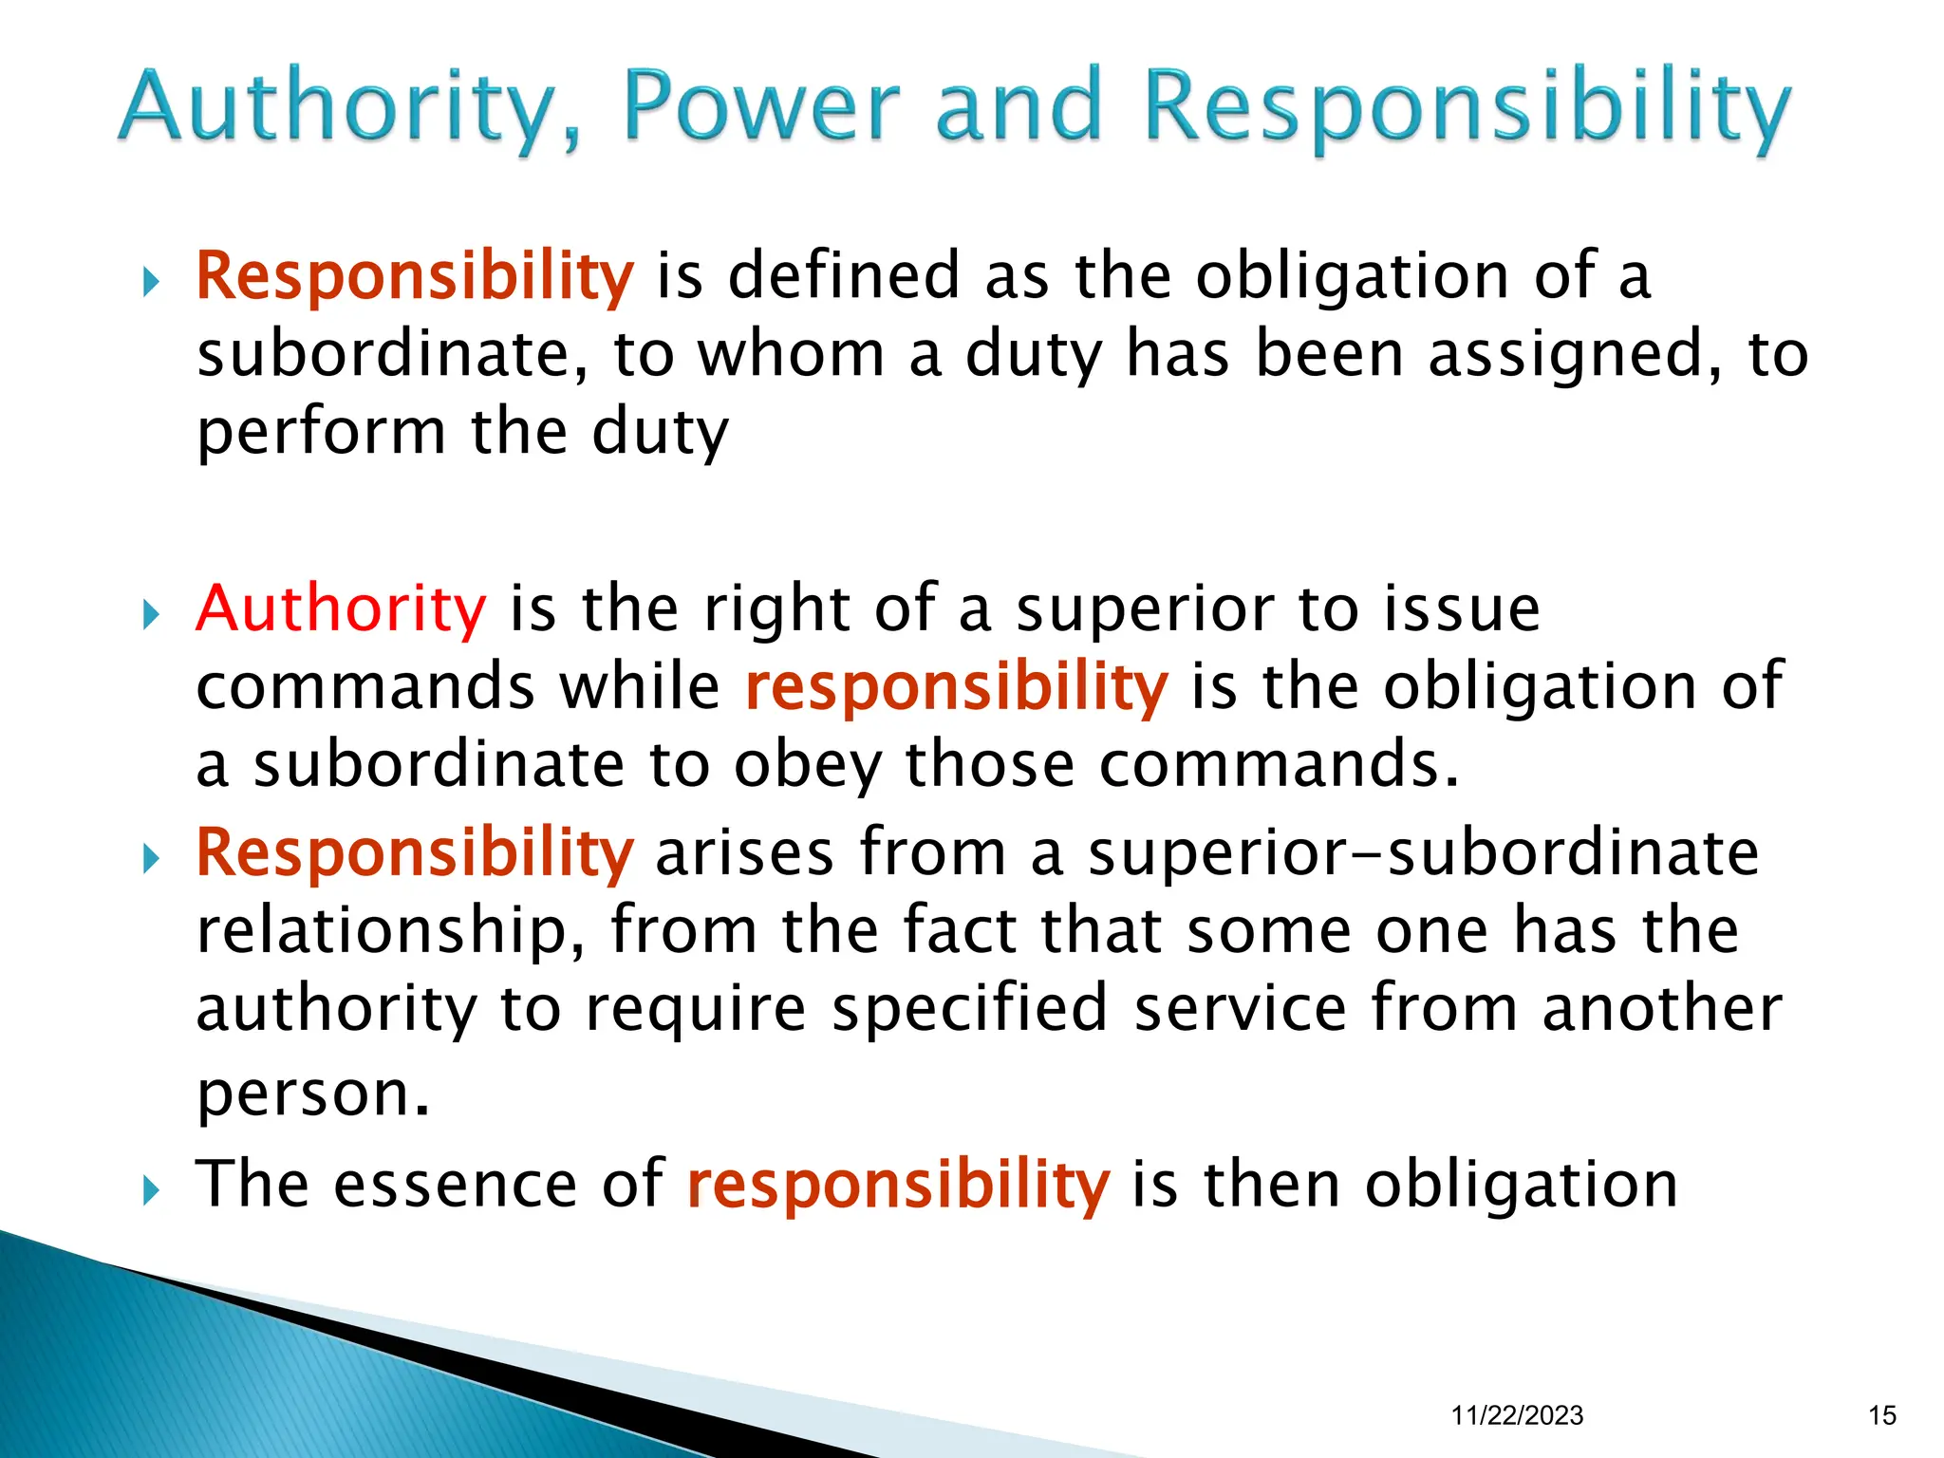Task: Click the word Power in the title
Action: coord(761,105)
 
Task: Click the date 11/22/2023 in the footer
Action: coord(1517,1415)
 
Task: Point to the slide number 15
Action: coord(1882,1415)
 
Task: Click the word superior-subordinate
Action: coord(1423,851)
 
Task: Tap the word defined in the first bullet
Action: coord(844,275)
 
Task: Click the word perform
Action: coord(321,432)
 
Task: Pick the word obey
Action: coord(807,764)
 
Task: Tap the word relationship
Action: coord(389,930)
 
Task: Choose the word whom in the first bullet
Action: coord(792,353)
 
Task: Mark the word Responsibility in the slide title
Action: coord(1467,105)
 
